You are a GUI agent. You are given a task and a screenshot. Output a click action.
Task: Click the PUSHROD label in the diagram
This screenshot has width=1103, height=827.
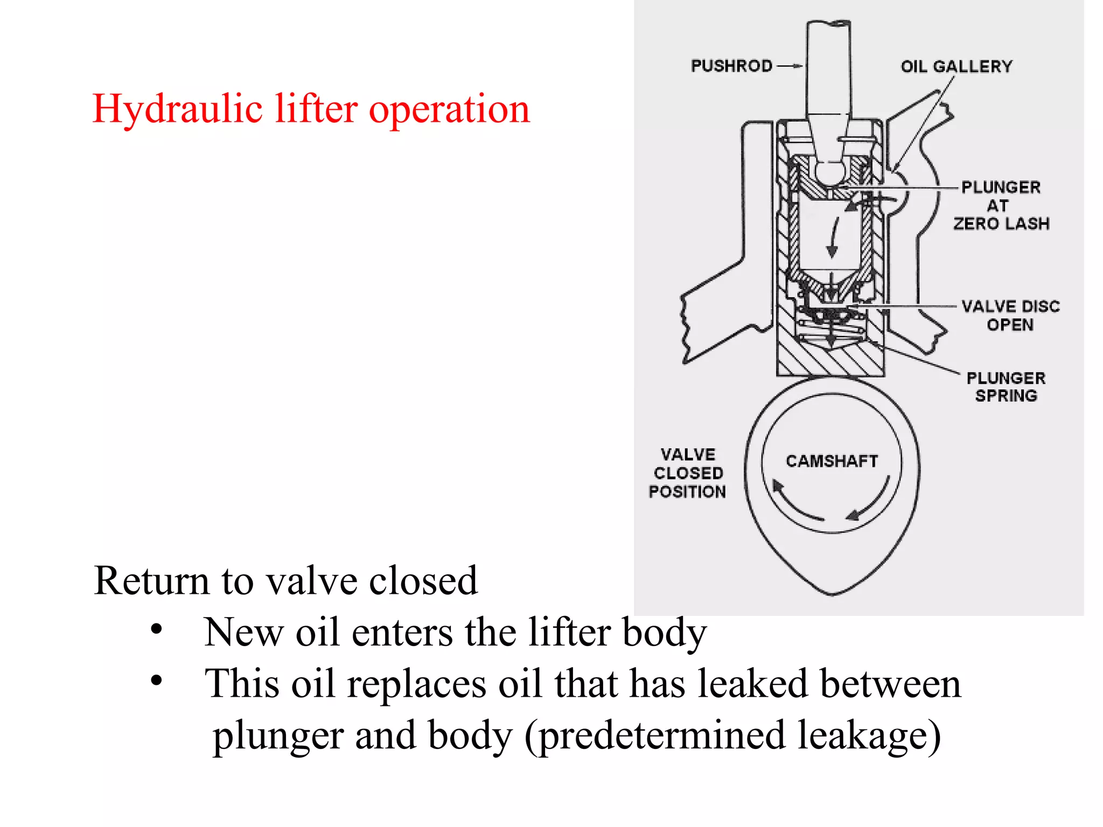pyautogui.click(x=731, y=66)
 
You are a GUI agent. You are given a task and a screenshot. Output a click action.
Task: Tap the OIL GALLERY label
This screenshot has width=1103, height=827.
pyautogui.click(x=957, y=66)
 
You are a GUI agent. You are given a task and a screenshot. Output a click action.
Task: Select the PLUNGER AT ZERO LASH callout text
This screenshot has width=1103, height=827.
pyautogui.click(x=1001, y=205)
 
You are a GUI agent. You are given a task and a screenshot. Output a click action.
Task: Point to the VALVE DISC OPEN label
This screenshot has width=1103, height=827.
pyautogui.click(x=1010, y=316)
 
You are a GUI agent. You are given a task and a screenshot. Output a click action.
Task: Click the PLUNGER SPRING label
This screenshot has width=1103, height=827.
pyautogui.click(x=1006, y=387)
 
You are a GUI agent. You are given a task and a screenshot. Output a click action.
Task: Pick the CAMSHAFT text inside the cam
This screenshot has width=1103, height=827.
pyautogui.click(x=832, y=461)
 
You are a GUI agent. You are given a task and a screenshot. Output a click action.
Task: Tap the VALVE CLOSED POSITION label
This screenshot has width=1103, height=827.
pyautogui.click(x=687, y=473)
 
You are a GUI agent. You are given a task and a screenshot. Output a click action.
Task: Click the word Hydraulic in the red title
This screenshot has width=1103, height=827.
pyautogui.click(x=177, y=109)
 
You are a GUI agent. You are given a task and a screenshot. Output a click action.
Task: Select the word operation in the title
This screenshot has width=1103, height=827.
pyautogui.click(x=449, y=109)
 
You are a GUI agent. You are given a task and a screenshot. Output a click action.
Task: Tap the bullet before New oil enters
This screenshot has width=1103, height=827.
pyautogui.click(x=156, y=629)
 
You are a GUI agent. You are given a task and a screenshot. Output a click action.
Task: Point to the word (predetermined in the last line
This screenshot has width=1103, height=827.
pyautogui.click(x=654, y=735)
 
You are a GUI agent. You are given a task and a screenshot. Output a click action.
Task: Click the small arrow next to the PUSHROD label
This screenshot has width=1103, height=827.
pyautogui.click(x=790, y=66)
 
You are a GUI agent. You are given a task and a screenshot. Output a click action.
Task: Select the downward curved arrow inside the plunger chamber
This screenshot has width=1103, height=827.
pyautogui.click(x=834, y=237)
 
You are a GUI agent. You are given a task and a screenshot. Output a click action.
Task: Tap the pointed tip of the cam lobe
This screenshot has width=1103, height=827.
pyautogui.click(x=832, y=593)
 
